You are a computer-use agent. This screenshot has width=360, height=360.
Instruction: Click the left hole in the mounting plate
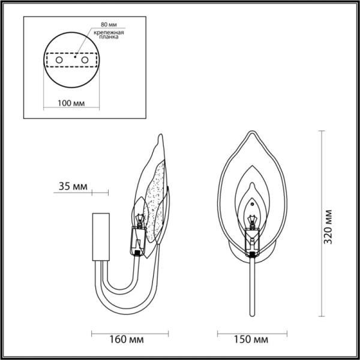click(58, 61)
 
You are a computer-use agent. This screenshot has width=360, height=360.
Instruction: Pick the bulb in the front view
click(253, 220)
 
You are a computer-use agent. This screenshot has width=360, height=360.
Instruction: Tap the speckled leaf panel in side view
click(157, 198)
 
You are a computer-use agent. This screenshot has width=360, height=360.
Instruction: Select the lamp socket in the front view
click(253, 242)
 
